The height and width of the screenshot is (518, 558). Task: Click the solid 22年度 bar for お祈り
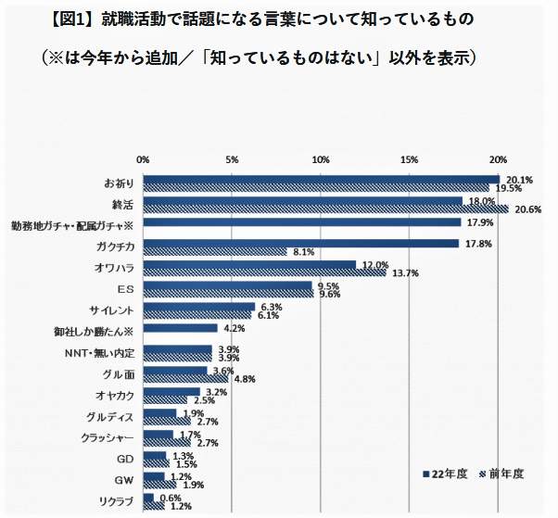320,179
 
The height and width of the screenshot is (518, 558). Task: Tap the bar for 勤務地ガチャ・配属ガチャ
301,223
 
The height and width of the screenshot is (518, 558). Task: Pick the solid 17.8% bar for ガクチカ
301,244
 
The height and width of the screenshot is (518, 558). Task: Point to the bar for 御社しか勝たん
180,328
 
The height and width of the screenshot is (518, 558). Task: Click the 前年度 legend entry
501,474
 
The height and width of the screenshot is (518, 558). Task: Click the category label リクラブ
118,501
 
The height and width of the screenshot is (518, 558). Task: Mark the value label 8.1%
303,252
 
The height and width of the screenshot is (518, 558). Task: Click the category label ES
127,288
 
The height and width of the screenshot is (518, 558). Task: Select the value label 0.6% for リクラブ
170,496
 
